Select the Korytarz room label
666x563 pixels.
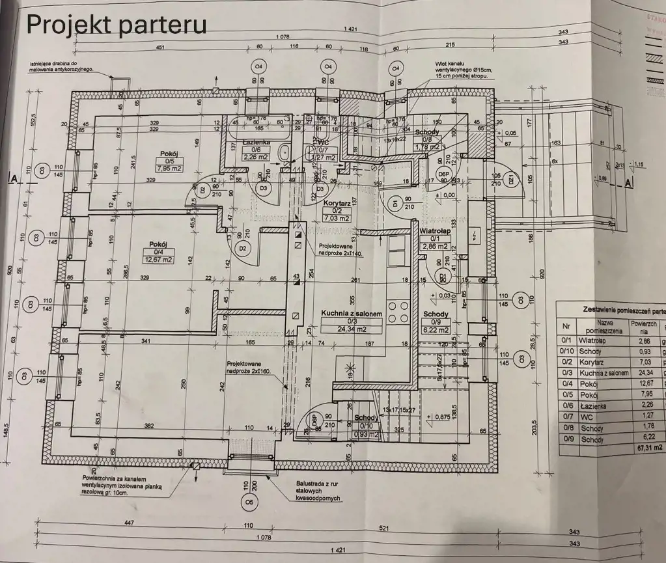[x=337, y=203]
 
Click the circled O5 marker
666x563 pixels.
[x=248, y=502]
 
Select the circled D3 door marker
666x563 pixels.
[x=264, y=189]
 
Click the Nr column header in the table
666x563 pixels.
[x=567, y=327]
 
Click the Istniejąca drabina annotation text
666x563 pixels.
[x=62, y=66]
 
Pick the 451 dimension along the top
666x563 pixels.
[x=159, y=47]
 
